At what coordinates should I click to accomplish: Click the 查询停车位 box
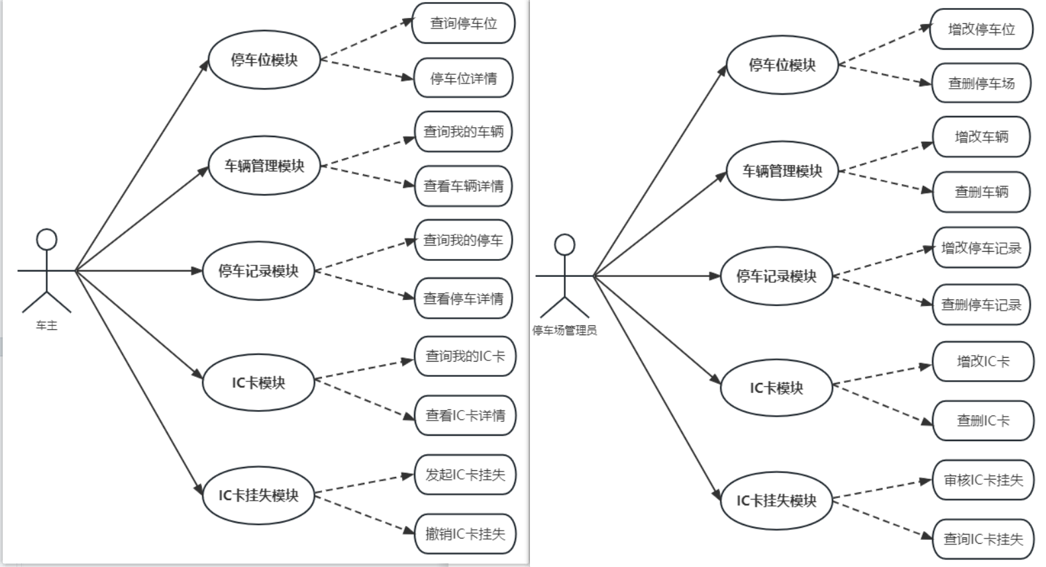[x=463, y=23]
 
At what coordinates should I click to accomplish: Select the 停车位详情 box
[x=463, y=78]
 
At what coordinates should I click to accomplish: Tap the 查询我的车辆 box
[x=463, y=131]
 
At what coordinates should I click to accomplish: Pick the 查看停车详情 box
[x=463, y=299]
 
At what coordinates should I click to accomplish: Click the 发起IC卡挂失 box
[x=465, y=475]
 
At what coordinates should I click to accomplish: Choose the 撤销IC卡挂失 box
[x=465, y=534]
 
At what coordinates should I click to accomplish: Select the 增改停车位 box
[x=981, y=29]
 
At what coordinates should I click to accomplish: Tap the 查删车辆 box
[x=981, y=192]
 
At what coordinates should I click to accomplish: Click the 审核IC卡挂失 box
[x=983, y=480]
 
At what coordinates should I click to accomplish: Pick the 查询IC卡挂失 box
[x=983, y=539]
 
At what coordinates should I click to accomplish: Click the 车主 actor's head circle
[x=46, y=240]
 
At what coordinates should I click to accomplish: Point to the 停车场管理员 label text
[x=564, y=330]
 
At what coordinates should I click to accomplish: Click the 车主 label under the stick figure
[x=46, y=325]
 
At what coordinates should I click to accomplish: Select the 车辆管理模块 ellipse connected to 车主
[x=264, y=166]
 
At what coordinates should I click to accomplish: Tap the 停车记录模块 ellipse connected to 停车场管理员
[x=776, y=276]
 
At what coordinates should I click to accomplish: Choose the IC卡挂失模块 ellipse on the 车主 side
[x=258, y=495]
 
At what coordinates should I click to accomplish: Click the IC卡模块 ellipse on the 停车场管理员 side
[x=776, y=388]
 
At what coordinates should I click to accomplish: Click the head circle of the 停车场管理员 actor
[x=564, y=244]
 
